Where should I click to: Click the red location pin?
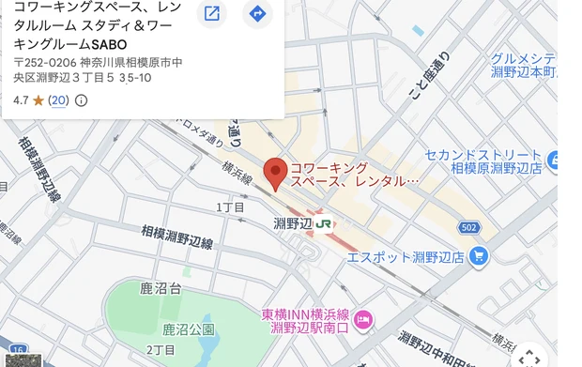(274, 173)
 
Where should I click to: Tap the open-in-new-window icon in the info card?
(212, 13)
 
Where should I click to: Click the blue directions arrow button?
(257, 13)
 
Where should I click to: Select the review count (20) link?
(59, 100)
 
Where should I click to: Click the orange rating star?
(38, 100)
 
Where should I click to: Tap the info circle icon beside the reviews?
(81, 100)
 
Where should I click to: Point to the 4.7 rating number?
(21, 100)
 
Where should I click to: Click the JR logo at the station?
(324, 224)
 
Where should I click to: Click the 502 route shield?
(470, 228)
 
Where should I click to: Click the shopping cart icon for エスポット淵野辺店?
(479, 255)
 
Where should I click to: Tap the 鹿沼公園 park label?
(188, 329)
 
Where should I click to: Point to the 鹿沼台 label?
(161, 288)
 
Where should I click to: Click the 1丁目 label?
(230, 206)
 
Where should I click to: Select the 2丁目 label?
(161, 350)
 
